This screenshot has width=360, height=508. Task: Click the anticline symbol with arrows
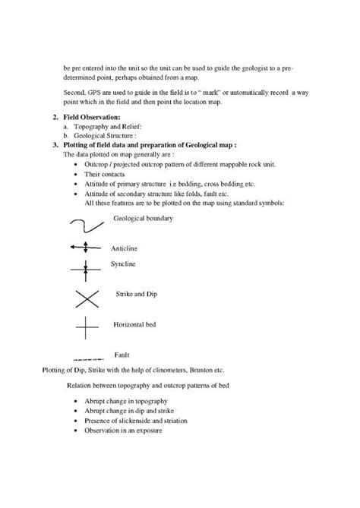point(85,247)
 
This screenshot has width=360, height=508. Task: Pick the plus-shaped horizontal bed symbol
point(86,328)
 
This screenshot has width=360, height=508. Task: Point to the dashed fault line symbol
point(86,357)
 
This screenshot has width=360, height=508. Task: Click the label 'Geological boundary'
point(143,218)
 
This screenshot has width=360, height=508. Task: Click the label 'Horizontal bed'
point(134,324)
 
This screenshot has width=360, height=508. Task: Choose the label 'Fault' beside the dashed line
point(122,355)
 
